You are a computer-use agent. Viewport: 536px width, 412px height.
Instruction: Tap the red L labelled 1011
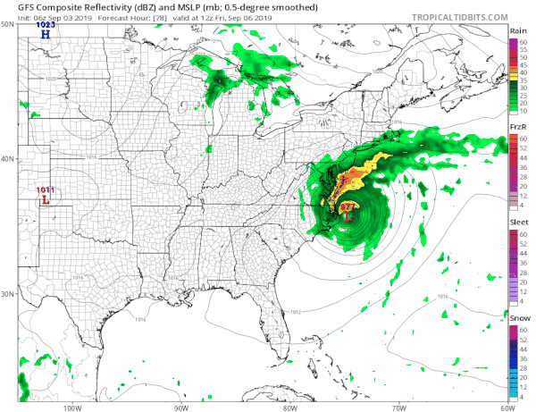[x=43, y=200]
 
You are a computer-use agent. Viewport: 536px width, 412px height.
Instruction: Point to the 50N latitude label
[x=8, y=24]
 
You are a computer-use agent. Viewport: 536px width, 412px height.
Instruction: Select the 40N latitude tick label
[x=8, y=159]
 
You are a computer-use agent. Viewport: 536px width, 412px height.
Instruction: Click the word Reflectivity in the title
[x=95, y=6]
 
